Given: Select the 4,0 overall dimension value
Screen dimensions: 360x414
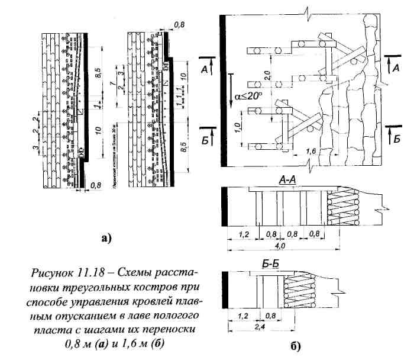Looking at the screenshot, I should point(282,245).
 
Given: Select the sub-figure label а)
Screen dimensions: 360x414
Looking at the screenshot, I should point(106,238).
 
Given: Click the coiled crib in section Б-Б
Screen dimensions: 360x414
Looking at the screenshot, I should point(297,291).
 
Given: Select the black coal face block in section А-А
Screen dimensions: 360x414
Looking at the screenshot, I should point(224,207).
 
